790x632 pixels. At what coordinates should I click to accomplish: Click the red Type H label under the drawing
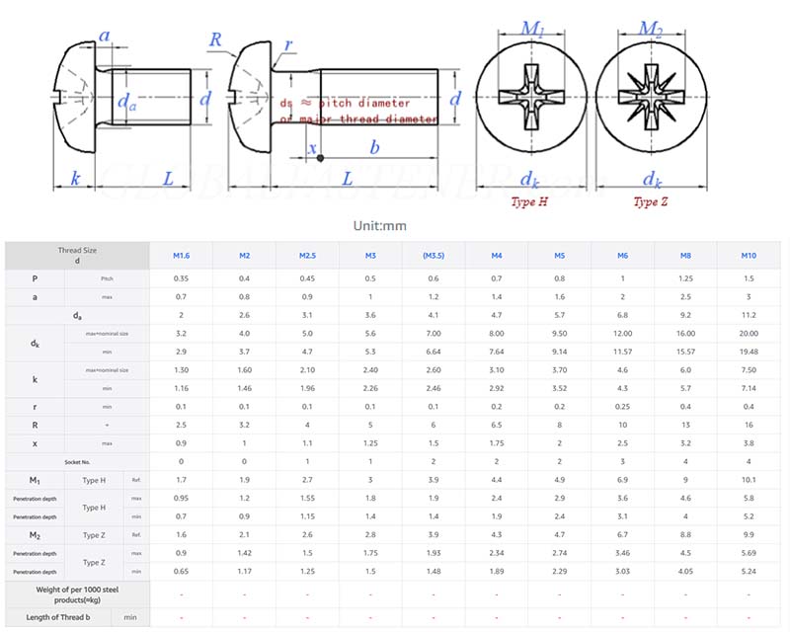pyautogui.click(x=529, y=201)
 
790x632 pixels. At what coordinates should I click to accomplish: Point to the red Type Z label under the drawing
pyautogui.click(x=651, y=201)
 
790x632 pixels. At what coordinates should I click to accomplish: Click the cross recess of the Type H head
pyautogui.click(x=529, y=99)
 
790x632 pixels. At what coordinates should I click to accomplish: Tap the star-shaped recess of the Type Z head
pyautogui.click(x=651, y=99)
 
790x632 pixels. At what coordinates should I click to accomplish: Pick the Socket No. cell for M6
pyautogui.click(x=623, y=461)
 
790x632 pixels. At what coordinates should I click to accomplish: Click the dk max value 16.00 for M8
pyautogui.click(x=685, y=334)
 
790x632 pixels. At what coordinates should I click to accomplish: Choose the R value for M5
pyautogui.click(x=560, y=425)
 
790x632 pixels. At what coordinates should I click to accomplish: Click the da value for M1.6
pyautogui.click(x=181, y=315)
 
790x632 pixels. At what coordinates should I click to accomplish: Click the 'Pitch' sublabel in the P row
pyautogui.click(x=107, y=278)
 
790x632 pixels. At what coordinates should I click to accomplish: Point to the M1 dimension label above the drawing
pyautogui.click(x=534, y=29)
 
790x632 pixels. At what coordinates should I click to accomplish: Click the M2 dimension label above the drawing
pyautogui.click(x=650, y=29)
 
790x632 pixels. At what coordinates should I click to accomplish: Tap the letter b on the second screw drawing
pyautogui.click(x=373, y=148)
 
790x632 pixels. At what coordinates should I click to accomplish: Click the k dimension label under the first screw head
pyautogui.click(x=75, y=178)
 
